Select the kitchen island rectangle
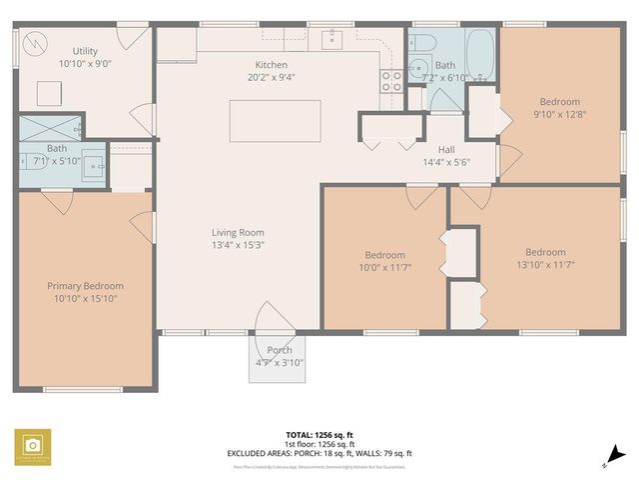(x=275, y=122)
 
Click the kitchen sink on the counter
(x=332, y=41)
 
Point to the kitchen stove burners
(x=391, y=80)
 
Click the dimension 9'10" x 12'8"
(x=559, y=114)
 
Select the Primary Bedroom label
(x=86, y=286)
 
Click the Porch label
(x=280, y=350)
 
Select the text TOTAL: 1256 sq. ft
(x=319, y=435)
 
